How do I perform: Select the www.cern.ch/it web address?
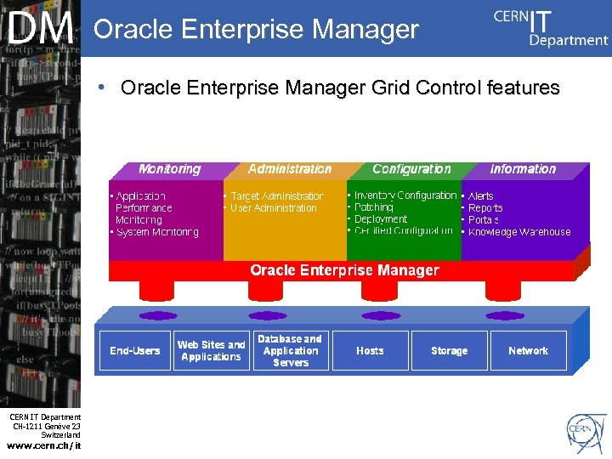(44, 445)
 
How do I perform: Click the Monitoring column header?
(169, 169)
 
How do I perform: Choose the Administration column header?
(290, 169)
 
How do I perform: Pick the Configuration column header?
(411, 169)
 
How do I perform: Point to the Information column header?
(523, 169)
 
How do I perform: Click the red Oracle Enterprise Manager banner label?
(344, 270)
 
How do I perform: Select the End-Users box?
(134, 350)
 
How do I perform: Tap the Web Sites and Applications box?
(211, 350)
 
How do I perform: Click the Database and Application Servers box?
(290, 350)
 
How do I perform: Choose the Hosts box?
(370, 350)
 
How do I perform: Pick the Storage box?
(449, 350)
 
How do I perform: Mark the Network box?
(528, 350)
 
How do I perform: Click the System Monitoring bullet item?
(157, 232)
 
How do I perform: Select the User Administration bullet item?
(273, 208)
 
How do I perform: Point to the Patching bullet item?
(373, 207)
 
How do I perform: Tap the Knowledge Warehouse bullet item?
(518, 232)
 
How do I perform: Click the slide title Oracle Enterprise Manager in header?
(256, 30)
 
